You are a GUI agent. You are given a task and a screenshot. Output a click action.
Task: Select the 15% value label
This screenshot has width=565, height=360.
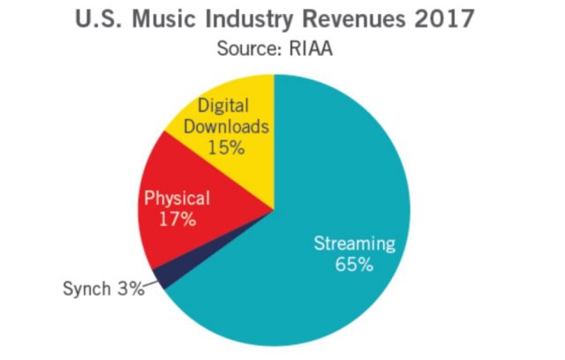(226, 147)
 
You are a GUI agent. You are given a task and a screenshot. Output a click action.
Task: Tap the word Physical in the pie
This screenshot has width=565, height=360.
(177, 198)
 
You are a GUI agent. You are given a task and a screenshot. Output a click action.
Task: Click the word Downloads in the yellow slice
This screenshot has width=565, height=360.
(227, 127)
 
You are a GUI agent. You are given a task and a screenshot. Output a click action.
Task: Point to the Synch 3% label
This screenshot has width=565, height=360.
(102, 289)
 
